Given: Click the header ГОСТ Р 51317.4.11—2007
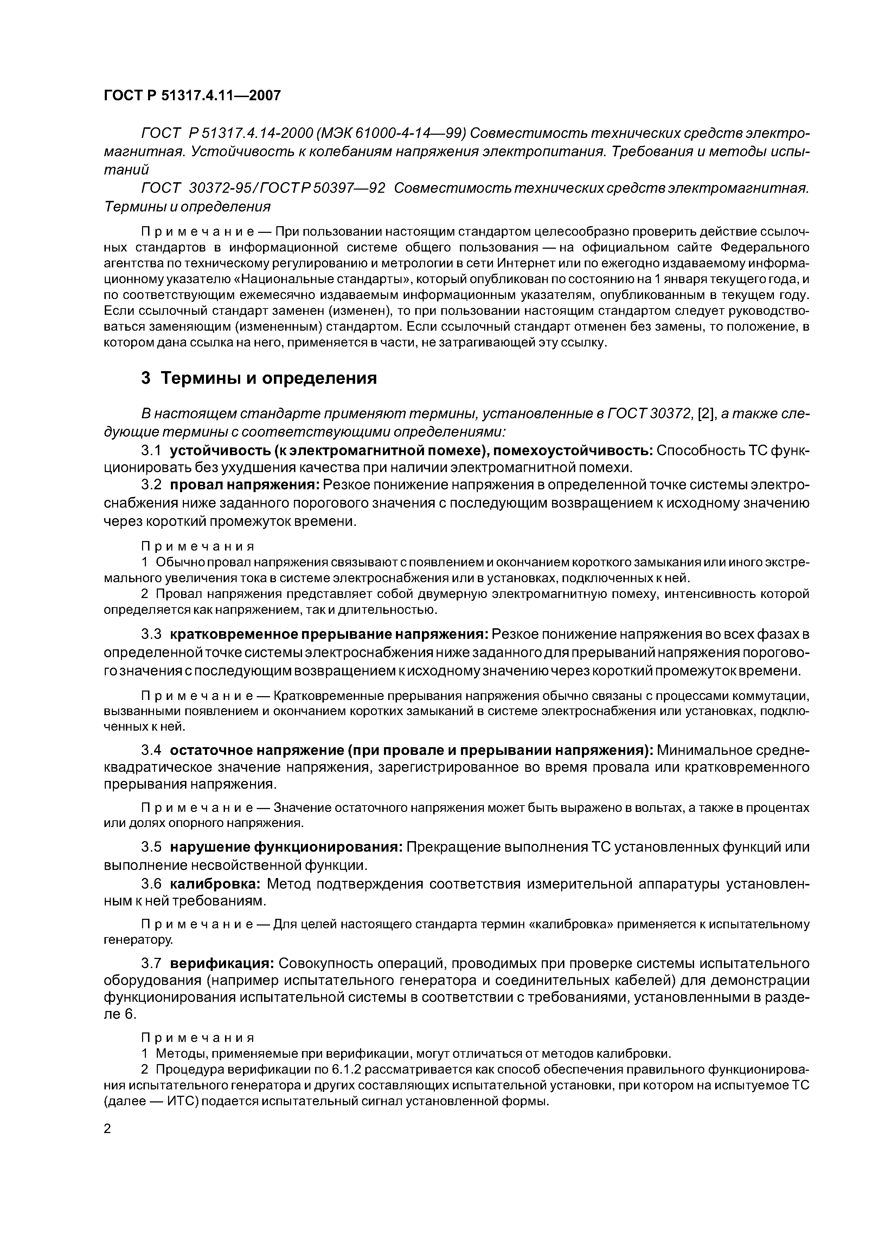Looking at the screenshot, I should (x=192, y=96).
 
